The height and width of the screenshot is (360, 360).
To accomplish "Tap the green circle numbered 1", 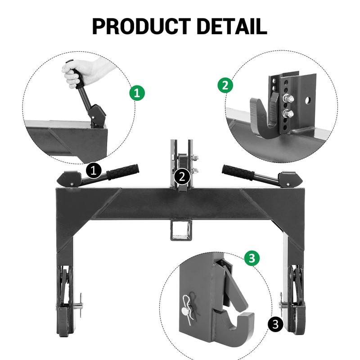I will (137, 93).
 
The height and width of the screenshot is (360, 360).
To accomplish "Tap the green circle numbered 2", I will (225, 85).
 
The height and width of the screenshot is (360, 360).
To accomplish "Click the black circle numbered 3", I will (275, 324).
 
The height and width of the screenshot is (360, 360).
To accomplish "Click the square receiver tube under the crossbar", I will (181, 230).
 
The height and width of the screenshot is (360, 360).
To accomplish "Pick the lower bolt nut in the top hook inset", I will (288, 114).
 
